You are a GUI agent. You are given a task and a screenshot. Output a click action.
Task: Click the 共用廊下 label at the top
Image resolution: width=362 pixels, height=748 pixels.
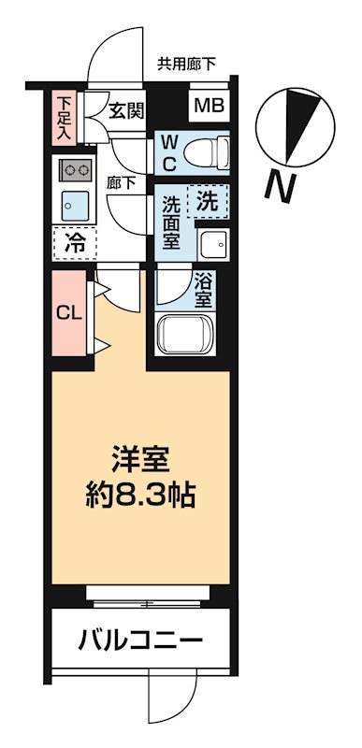pos(186,65)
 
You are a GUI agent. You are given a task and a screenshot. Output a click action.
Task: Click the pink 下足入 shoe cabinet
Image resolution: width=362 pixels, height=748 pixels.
pos(64,116)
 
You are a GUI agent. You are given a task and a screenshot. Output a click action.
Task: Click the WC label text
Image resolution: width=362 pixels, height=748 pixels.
pos(169,151)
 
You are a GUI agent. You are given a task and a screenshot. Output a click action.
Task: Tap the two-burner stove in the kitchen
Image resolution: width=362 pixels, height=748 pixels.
pos(73,169)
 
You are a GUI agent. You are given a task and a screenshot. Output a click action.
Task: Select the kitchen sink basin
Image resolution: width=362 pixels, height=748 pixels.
pos(73,203)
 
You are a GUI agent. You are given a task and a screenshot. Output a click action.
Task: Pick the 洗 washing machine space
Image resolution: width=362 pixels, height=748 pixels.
pos(209,198)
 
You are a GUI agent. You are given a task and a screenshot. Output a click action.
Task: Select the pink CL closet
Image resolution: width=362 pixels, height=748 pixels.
pos(65,312)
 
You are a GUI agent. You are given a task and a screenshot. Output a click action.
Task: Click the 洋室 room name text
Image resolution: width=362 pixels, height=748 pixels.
pos(140,459)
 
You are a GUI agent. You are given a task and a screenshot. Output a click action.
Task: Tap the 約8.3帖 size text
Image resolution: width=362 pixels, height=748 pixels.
pos(141,495)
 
